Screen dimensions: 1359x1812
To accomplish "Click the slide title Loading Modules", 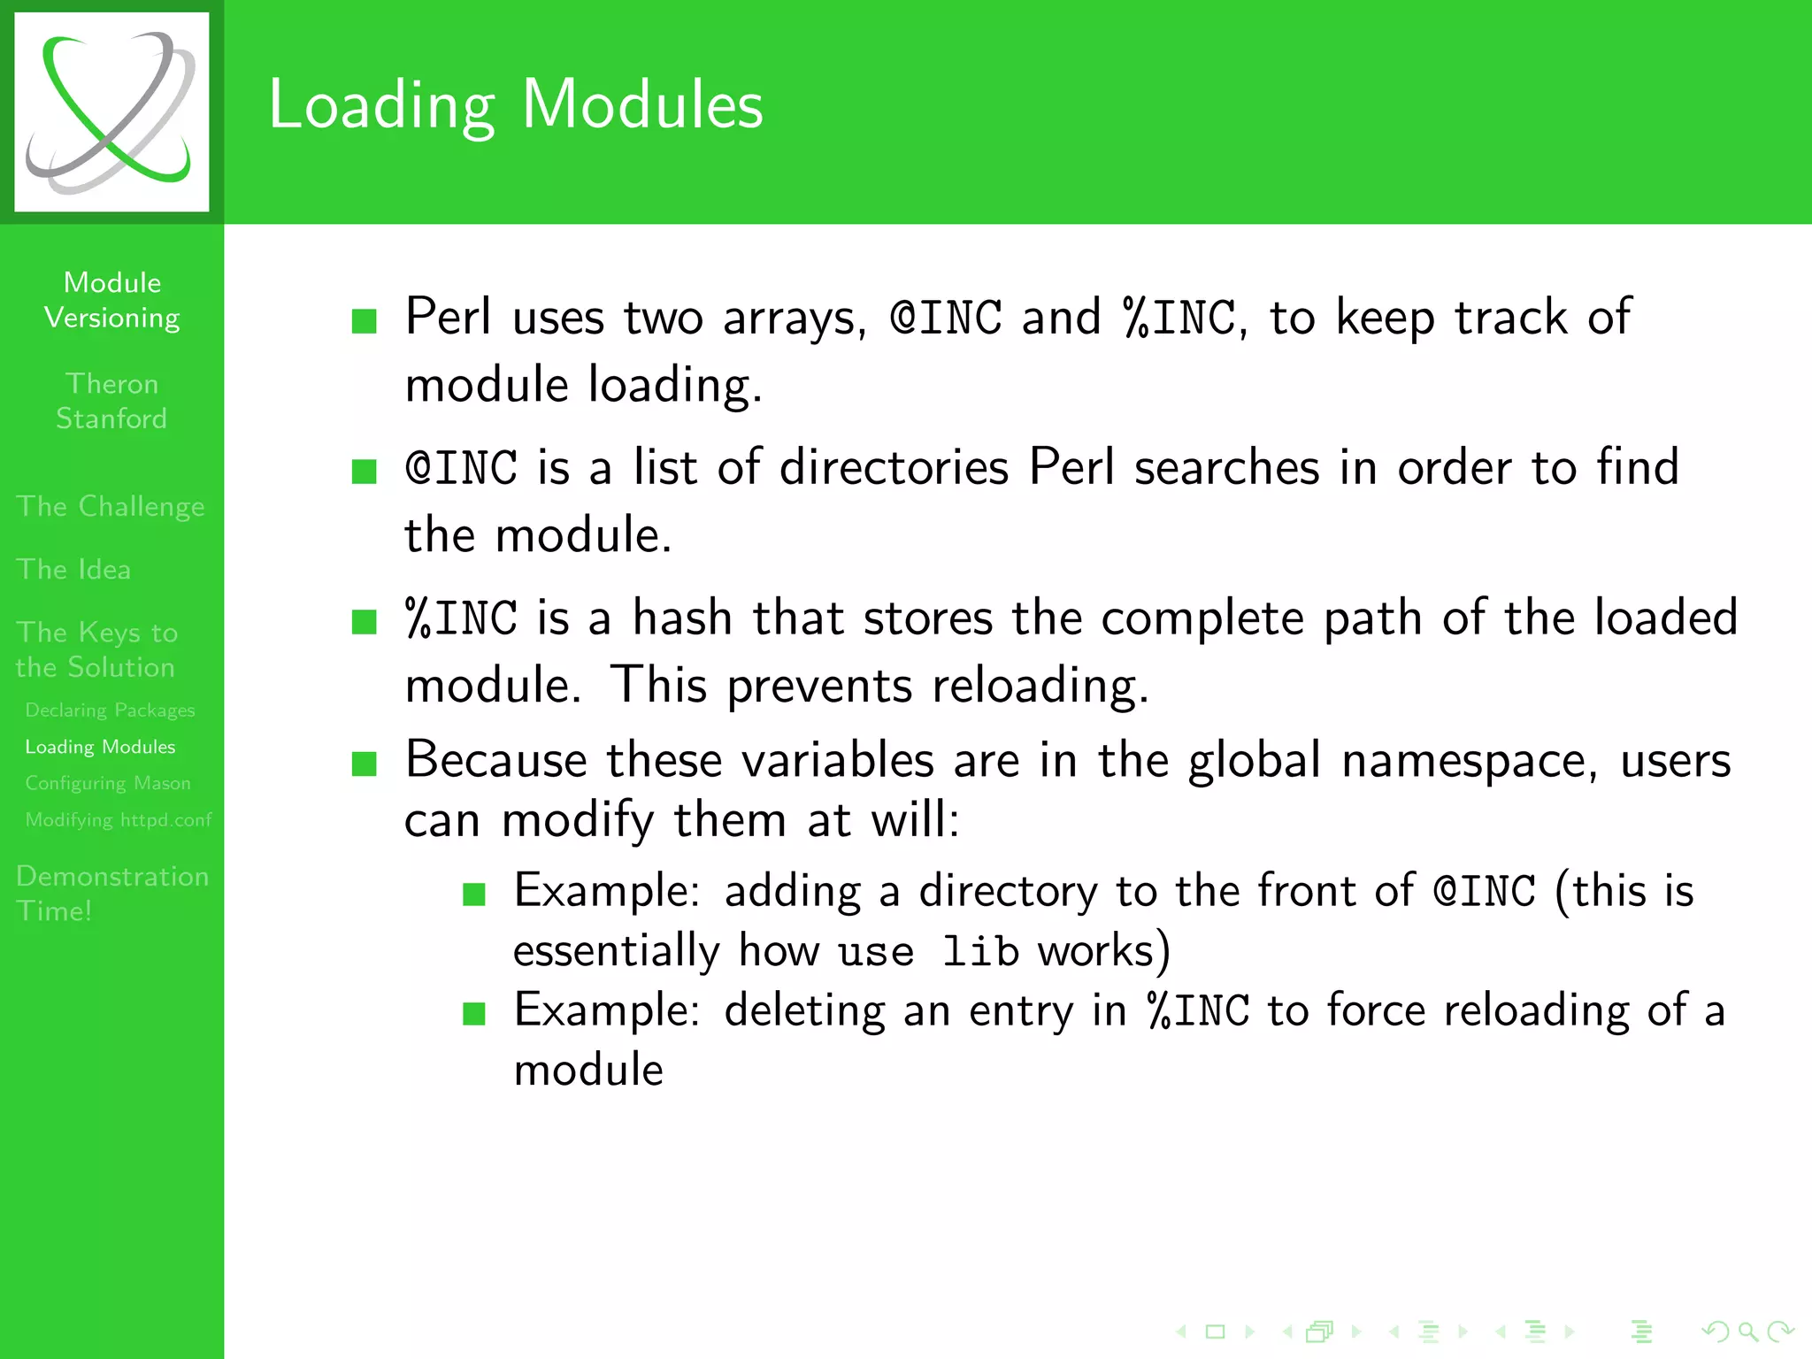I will click(x=516, y=105).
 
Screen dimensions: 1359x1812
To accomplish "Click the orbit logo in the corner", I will click(x=111, y=112).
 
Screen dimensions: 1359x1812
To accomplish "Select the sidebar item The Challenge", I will click(x=111, y=506).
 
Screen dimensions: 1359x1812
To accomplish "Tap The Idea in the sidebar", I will click(x=73, y=569).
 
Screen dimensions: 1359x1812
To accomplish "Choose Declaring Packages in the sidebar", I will click(x=110, y=710).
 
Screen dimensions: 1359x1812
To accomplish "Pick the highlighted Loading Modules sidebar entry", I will click(x=100, y=747).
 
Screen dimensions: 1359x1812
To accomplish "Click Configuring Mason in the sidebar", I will click(x=108, y=783).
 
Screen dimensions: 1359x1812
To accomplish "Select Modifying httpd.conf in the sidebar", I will click(x=119, y=819).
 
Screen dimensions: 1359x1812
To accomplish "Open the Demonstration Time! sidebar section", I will click(x=112, y=893).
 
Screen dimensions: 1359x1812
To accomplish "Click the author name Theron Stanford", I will click(x=111, y=401).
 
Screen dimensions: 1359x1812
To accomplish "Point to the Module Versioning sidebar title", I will click(x=112, y=300).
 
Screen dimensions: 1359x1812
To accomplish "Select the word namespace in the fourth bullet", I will click(x=1469, y=762).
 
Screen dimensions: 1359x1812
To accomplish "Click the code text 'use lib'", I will click(x=928, y=952).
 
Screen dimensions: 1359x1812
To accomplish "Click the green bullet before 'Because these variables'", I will click(x=365, y=763).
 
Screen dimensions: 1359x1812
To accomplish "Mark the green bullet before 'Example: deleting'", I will click(x=474, y=1013).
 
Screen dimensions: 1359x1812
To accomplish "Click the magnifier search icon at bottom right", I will click(x=1747, y=1331).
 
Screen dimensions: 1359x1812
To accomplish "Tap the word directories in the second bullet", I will click(x=894, y=468).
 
